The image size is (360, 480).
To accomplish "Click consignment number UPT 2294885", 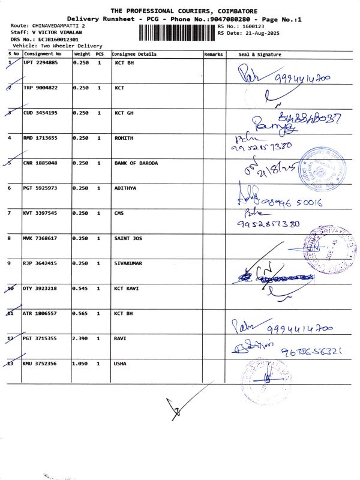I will tap(40, 62).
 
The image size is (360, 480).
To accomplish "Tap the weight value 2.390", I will tap(80, 339).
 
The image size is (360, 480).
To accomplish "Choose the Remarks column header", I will tap(213, 54).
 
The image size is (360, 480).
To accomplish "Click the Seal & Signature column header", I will tap(260, 54).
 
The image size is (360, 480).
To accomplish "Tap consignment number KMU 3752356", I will tap(40, 364).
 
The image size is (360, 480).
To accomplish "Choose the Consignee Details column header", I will tap(134, 54).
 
